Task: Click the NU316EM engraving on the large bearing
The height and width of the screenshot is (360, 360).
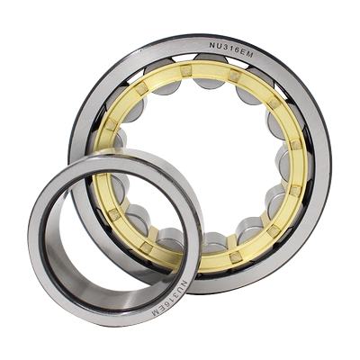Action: pos(231,49)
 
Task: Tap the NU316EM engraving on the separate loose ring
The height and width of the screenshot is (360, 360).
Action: pos(171,298)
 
